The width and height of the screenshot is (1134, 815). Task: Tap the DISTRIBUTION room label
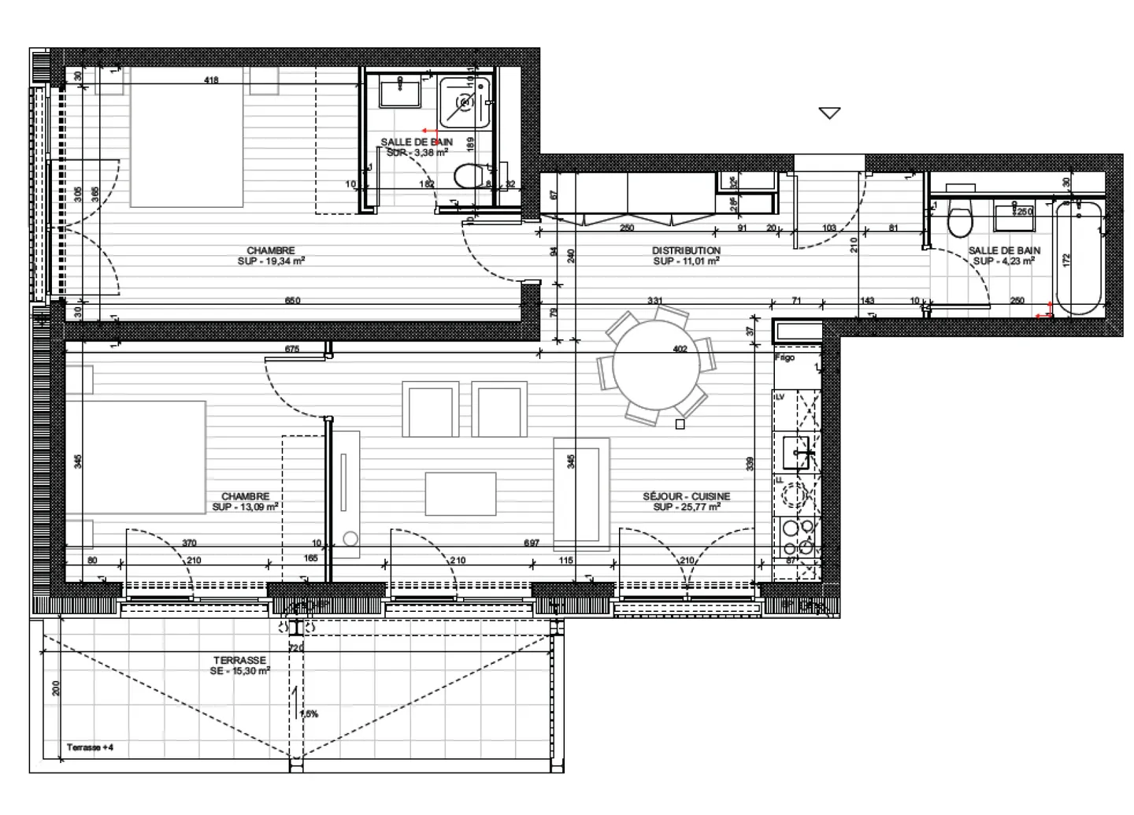[686, 250]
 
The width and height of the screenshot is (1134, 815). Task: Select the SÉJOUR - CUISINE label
[686, 496]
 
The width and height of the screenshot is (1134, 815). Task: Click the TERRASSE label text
[239, 660]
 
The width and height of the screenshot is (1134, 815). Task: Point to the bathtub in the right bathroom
[1078, 257]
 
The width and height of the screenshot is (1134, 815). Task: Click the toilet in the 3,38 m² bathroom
[472, 175]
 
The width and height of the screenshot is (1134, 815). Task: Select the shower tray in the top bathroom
[466, 102]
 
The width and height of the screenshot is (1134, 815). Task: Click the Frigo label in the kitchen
[785, 357]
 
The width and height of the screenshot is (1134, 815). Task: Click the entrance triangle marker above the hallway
[829, 113]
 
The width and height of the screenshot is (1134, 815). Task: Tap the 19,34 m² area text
[271, 261]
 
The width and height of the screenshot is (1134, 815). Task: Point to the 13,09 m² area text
[246, 507]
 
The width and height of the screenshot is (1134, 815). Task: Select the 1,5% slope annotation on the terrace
[309, 714]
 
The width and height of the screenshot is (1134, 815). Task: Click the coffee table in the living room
[461, 494]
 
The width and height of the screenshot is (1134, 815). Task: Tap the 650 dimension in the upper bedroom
[292, 300]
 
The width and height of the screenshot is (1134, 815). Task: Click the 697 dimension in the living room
[532, 543]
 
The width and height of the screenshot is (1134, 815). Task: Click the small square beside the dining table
[680, 424]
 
